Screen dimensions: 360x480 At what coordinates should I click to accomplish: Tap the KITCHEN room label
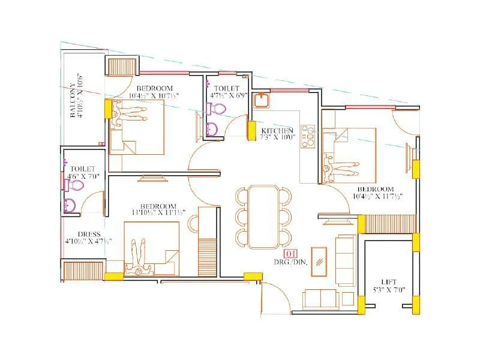pyautogui.click(x=276, y=130)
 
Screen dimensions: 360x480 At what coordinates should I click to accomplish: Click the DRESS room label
pyautogui.click(x=89, y=234)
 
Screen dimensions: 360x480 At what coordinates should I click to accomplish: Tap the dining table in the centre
pyautogui.click(x=264, y=216)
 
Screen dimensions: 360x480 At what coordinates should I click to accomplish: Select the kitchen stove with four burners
pyautogui.click(x=308, y=136)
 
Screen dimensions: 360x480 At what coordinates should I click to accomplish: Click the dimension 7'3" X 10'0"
pyautogui.click(x=276, y=137)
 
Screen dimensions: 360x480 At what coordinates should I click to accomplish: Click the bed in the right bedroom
pyautogui.click(x=348, y=154)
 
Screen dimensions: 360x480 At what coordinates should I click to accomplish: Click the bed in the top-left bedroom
pyautogui.click(x=137, y=126)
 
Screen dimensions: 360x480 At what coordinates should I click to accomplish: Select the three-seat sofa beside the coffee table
pyautogui.click(x=345, y=260)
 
